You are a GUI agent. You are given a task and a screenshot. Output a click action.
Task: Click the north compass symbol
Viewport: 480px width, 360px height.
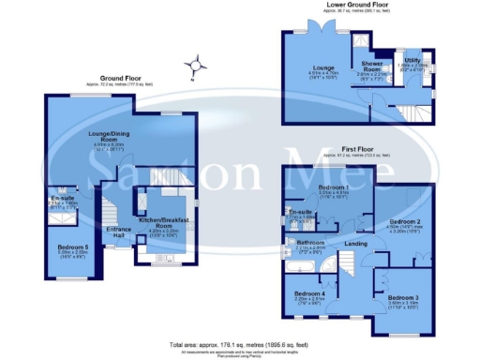(x=195, y=66)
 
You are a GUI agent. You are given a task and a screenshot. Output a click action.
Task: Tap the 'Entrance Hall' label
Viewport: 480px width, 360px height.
(x=117, y=231)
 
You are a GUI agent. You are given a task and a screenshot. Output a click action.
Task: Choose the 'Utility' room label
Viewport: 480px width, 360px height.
(x=410, y=58)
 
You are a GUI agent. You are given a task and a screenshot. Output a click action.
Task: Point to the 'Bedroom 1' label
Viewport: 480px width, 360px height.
(x=333, y=188)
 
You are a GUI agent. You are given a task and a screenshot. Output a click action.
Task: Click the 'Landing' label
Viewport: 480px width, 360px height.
(x=355, y=245)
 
